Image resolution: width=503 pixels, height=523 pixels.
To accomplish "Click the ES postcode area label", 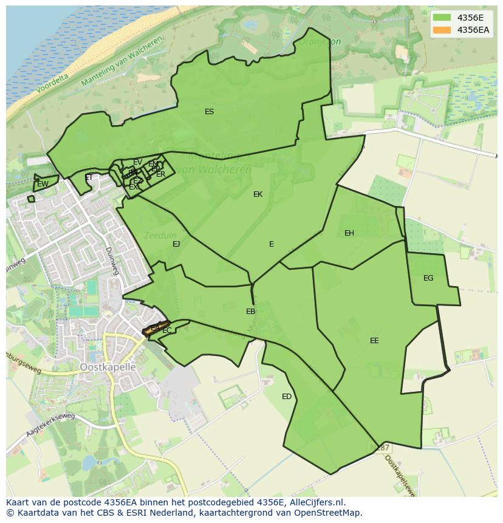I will click(209, 112).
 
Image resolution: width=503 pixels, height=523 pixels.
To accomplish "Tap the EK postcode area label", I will click(258, 194).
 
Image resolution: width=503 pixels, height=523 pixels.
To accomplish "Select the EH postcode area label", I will click(349, 233).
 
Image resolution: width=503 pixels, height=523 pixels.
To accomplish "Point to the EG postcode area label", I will click(428, 278).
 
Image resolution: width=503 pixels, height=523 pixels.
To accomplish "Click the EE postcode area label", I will click(374, 341).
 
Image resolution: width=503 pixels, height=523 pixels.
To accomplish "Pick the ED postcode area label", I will click(287, 397).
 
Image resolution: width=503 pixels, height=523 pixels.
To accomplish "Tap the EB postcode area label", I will click(250, 312).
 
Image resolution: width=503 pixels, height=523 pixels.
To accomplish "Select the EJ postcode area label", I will click(176, 244).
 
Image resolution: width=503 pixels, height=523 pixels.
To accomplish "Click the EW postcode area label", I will click(43, 184).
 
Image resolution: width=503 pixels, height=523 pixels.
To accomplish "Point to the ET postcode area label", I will click(89, 178).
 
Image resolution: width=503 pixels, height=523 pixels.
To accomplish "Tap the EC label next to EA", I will click(167, 331).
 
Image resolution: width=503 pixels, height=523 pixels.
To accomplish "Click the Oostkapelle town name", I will click(108, 367).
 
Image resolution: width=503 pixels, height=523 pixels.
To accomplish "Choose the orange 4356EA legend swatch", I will click(442, 30).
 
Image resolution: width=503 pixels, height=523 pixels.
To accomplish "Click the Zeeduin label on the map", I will click(159, 234).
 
